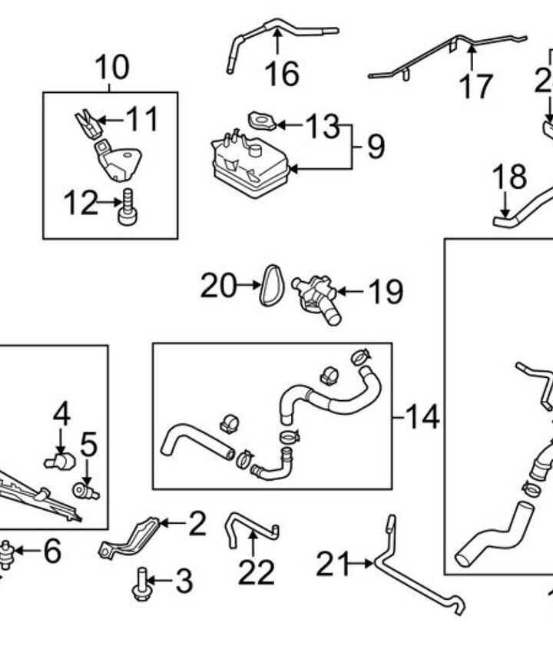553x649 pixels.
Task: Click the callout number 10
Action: coord(112,68)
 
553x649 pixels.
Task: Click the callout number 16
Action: coord(281,74)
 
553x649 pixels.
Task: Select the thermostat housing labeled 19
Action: coord(315,296)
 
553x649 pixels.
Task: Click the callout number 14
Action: coord(422,418)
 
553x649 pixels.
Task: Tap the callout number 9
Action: coord(375,145)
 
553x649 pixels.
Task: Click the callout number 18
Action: coord(509,177)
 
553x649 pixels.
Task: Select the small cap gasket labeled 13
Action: coord(262,121)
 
